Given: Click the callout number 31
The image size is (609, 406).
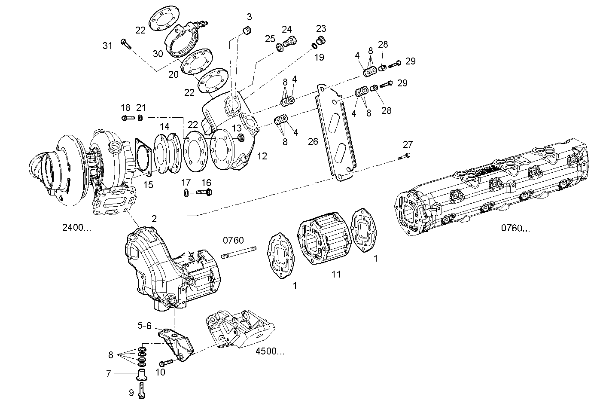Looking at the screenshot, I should coord(107,46).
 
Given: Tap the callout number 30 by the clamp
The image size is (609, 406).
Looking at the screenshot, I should coord(158,54).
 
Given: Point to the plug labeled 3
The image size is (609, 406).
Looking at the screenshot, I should coord(247,31).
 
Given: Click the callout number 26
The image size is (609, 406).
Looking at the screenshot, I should coord(313,141).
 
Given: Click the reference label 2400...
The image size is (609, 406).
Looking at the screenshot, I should coord(77,228).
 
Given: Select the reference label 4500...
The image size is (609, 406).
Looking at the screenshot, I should coord(270,351).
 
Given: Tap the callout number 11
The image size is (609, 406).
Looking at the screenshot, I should coord(336,274).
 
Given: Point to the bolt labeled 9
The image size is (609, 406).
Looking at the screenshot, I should coord(143,391).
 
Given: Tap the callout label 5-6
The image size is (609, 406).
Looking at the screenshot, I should coord(144,326).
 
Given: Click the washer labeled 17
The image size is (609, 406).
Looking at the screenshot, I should coord(185,193).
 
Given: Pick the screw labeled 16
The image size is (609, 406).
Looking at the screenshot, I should coord(204,192).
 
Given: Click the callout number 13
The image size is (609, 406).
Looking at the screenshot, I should coord(237,128).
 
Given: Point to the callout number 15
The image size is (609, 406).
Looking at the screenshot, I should coord(148,185).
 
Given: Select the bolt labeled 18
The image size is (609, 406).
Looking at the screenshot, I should coord(128,117).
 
